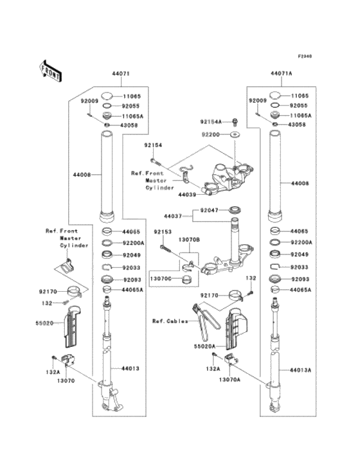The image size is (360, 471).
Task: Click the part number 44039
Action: point(187,193)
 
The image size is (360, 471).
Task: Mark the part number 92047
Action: point(209,209)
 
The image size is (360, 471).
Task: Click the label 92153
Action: point(163,231)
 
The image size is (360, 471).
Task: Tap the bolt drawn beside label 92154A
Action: point(235,121)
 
